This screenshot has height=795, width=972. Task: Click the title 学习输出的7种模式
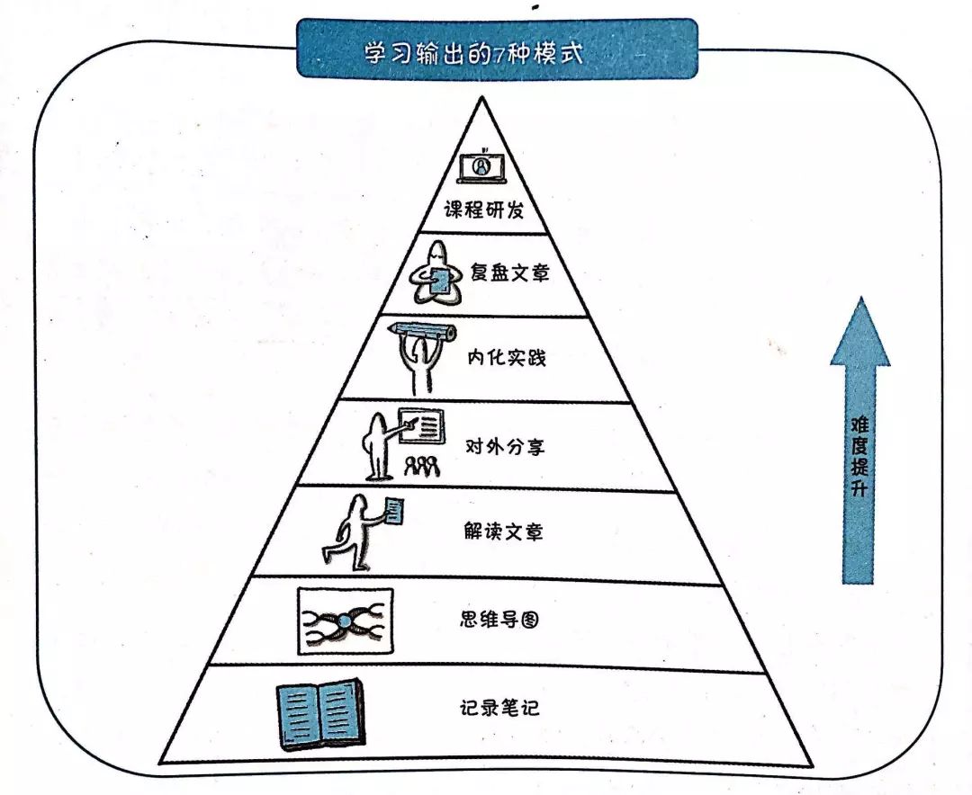click(474, 53)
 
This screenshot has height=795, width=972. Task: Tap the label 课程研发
click(483, 210)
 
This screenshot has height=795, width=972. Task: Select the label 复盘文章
click(509, 272)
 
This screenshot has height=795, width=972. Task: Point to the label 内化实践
click(507, 358)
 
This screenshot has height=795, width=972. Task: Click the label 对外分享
click(505, 446)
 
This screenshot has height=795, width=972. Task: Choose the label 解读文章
click(503, 531)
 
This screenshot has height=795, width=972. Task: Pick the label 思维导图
click(499, 619)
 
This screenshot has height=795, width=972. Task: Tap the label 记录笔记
click(499, 707)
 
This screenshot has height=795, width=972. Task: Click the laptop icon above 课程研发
click(481, 166)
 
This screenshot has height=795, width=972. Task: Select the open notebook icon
click(319, 714)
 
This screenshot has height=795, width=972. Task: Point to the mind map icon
click(346, 621)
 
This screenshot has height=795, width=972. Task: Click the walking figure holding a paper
click(363, 531)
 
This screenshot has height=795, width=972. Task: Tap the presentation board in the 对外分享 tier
click(421, 425)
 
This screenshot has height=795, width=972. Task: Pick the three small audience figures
click(422, 466)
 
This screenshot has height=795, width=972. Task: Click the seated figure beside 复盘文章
click(436, 273)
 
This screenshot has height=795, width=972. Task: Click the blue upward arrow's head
click(859, 335)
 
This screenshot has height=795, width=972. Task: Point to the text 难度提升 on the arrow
click(859, 457)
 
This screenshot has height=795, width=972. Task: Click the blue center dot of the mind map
click(345, 621)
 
